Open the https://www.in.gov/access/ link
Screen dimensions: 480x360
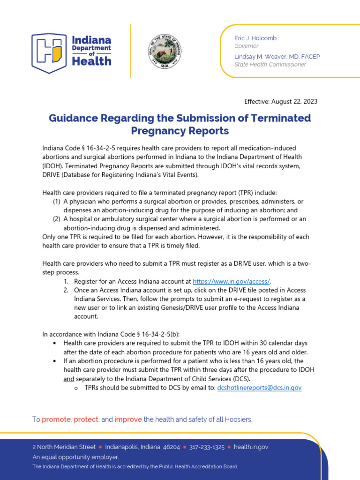(x=232, y=281)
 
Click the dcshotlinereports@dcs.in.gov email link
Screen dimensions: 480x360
(x=259, y=388)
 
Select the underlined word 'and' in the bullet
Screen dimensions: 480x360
(x=68, y=379)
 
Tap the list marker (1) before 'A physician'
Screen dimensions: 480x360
(x=56, y=201)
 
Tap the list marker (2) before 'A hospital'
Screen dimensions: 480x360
(x=56, y=219)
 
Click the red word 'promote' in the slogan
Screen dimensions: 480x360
(x=56, y=419)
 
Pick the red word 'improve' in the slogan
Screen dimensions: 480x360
(x=128, y=419)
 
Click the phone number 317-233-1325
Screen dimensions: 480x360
(x=207, y=447)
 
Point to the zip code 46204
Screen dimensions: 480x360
(x=171, y=447)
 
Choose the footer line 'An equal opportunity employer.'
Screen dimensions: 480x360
(x=75, y=457)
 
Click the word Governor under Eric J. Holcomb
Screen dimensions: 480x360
(x=246, y=46)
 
